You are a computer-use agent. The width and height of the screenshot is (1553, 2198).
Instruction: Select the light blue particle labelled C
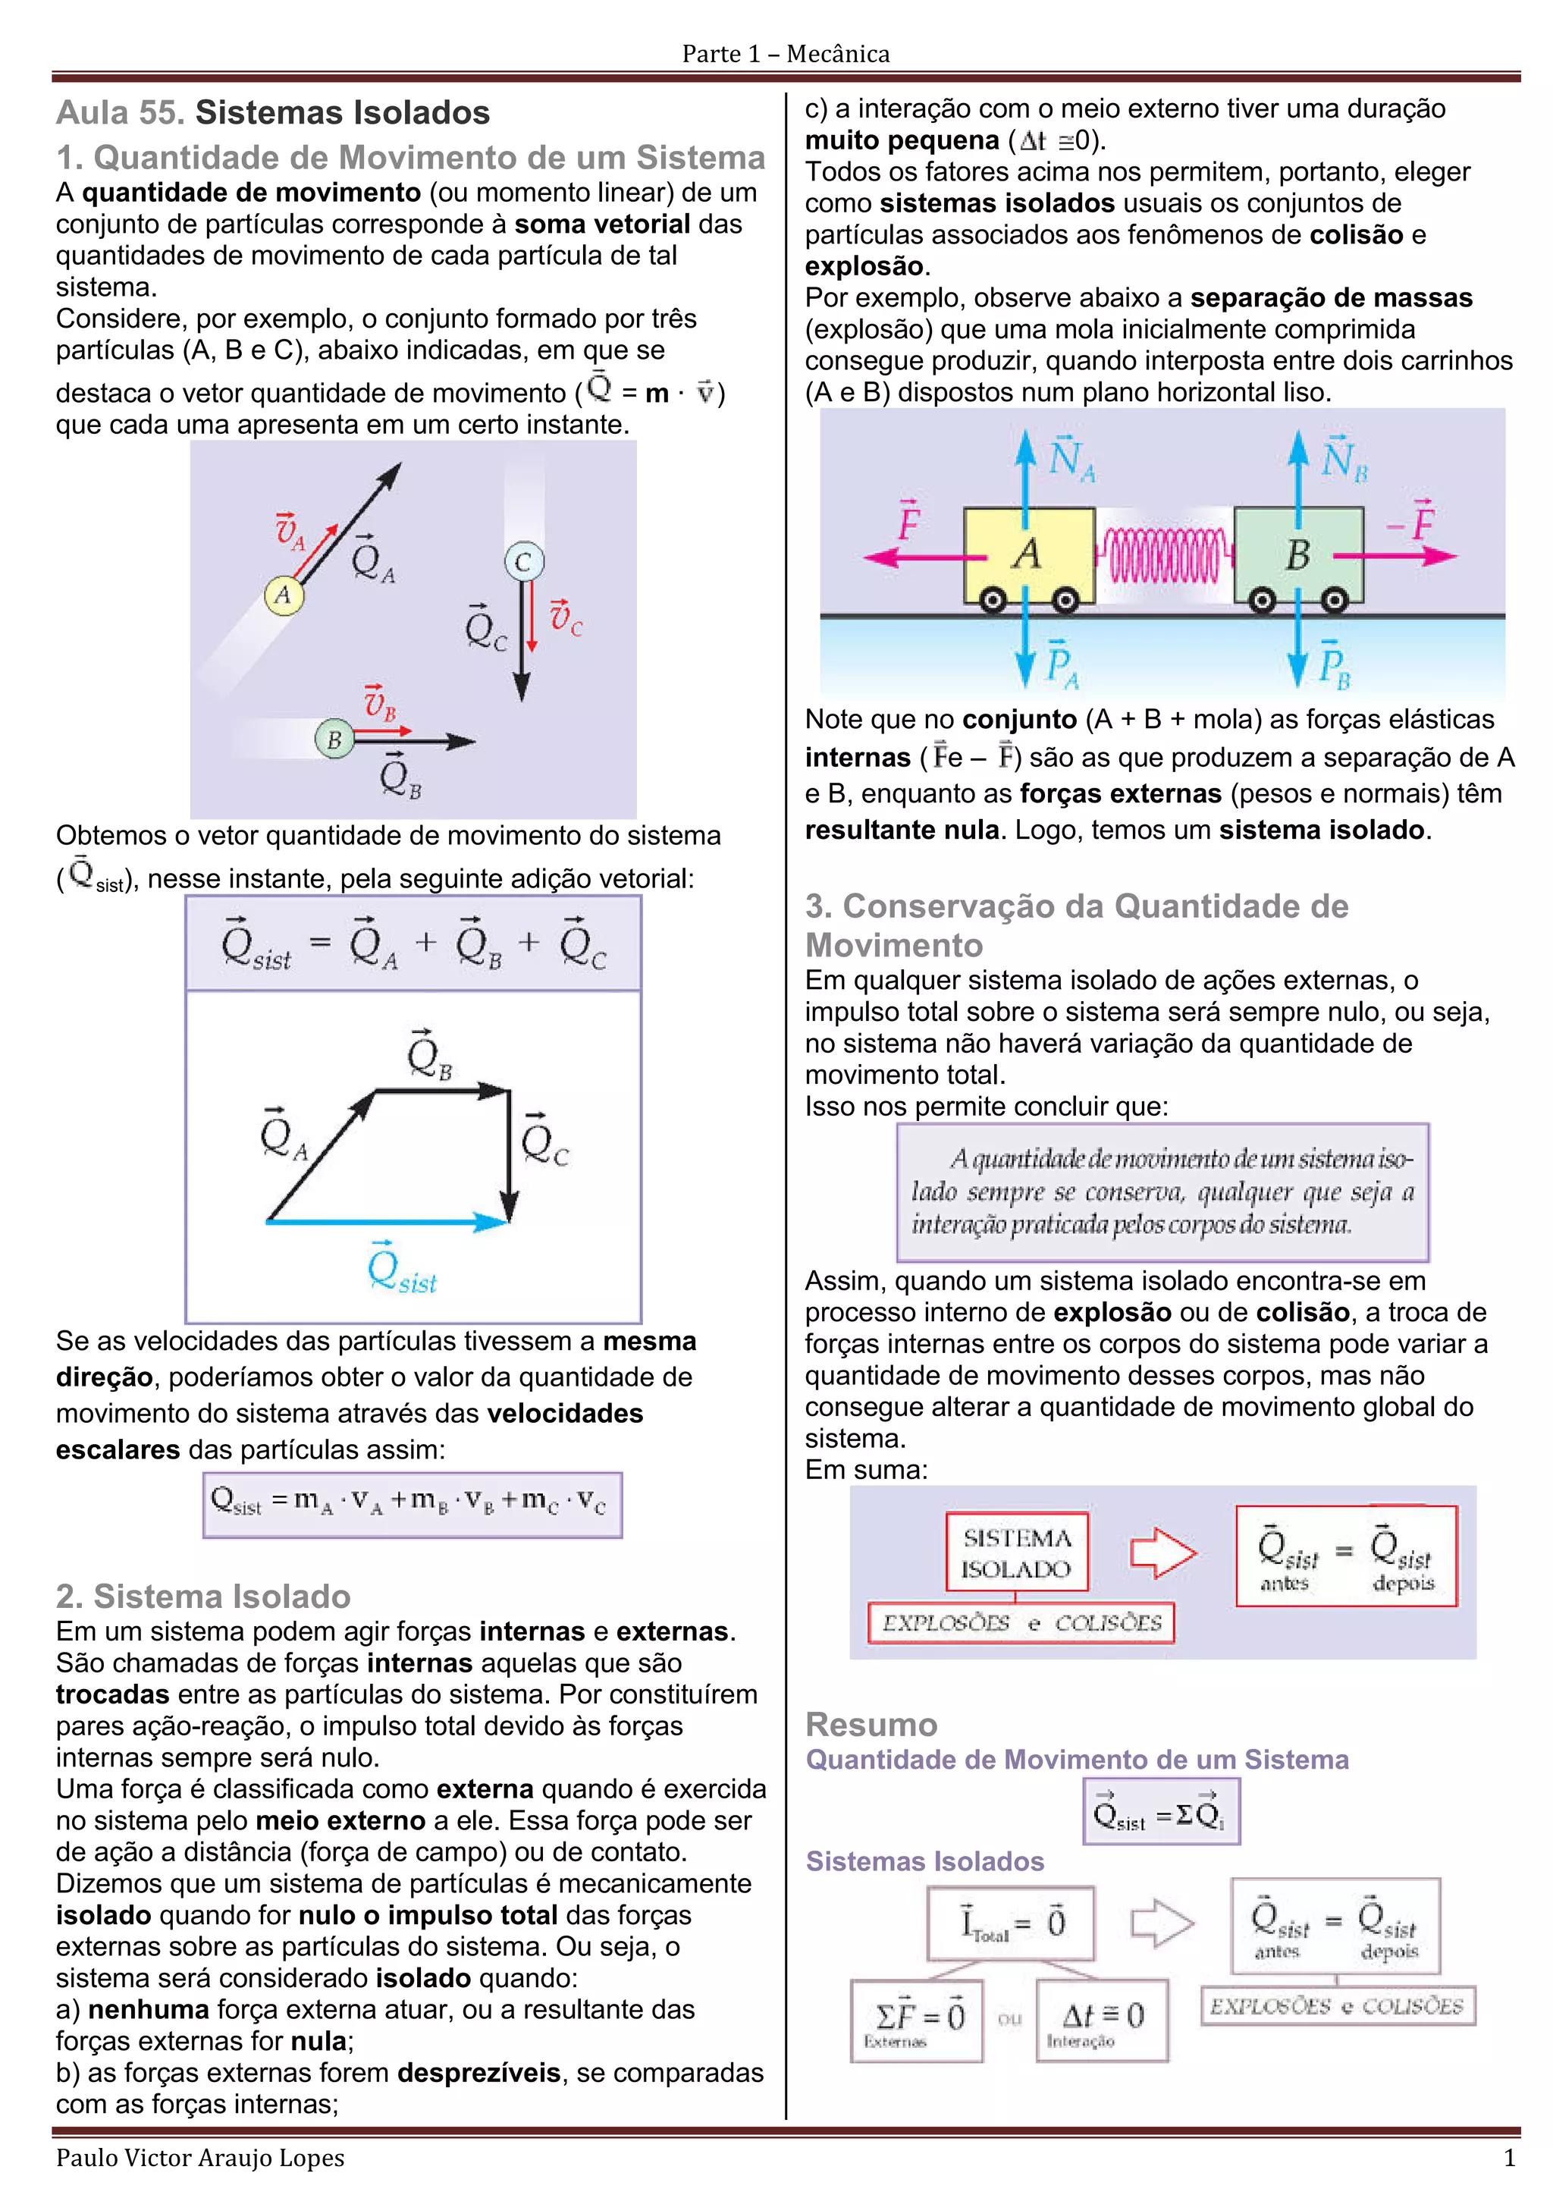(523, 562)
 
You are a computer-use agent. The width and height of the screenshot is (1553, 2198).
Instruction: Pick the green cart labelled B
(1297, 555)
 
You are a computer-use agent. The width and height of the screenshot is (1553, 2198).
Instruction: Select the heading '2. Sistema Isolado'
(203, 1596)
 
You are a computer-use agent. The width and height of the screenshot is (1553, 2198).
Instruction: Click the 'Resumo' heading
(871, 1724)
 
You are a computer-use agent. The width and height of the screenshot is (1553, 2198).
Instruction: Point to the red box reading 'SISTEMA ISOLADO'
(1015, 1553)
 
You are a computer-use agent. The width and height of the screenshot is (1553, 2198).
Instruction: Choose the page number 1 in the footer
(1509, 2158)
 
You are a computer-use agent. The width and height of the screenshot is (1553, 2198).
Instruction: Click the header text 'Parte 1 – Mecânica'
(786, 54)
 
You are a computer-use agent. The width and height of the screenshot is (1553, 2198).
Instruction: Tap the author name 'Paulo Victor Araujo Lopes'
(200, 2158)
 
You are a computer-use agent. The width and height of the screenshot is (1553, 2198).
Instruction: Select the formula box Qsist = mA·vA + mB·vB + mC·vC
(413, 1504)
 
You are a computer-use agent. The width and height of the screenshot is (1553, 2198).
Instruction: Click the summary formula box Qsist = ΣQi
(1161, 1812)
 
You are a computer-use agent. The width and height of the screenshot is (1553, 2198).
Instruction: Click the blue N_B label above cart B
(1344, 460)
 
